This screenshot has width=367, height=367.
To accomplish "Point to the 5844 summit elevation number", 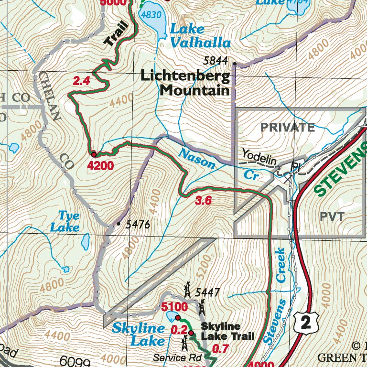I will point(216,61).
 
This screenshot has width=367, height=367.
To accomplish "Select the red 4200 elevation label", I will point(101,166).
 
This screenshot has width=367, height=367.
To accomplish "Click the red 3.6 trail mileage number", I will point(204,201).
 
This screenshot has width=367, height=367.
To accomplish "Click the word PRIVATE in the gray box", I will point(287,128).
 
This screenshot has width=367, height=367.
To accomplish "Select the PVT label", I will point(332,216).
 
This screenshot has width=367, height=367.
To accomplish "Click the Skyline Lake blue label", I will point(139,335).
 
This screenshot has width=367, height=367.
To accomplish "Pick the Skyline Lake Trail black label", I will point(227,331).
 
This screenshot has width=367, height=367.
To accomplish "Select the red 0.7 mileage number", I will point(220,349).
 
